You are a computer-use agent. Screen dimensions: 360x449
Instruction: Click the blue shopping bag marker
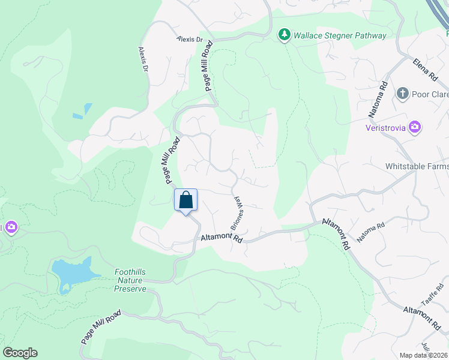(x=185, y=200)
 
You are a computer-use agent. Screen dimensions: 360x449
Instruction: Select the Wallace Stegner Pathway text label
(x=340, y=35)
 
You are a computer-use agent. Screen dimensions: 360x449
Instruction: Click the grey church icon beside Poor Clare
(x=402, y=94)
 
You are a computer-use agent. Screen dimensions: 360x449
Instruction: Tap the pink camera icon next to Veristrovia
(x=415, y=127)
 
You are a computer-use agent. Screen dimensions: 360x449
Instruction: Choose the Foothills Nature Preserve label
(x=130, y=280)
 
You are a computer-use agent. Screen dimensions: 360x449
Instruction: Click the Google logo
(x=20, y=353)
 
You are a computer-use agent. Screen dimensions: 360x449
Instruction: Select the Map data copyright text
(x=424, y=355)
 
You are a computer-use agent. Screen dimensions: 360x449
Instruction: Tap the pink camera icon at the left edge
(x=10, y=227)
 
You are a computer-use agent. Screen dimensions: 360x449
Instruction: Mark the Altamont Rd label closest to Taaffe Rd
(x=423, y=318)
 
